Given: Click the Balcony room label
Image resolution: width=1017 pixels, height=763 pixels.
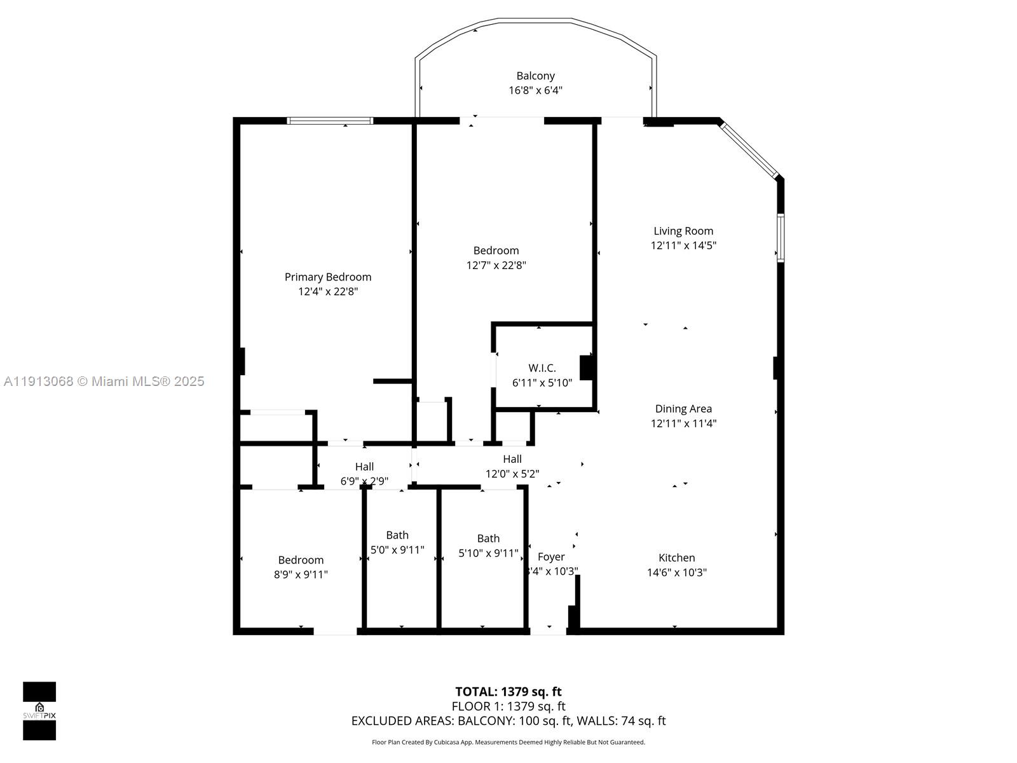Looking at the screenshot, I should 535,76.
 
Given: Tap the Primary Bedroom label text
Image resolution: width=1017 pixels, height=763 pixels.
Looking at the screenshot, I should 327,277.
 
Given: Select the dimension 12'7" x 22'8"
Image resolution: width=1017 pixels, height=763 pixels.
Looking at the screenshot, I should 496,265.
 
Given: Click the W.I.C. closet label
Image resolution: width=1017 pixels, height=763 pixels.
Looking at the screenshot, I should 542,368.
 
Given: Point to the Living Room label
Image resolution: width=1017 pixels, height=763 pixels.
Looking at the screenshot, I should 683,231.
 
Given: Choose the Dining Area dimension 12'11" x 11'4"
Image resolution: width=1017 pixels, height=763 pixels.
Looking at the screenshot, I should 683,423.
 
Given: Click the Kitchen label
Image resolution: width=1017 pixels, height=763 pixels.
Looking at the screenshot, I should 676,558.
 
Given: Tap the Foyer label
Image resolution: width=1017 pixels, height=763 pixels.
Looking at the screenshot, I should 550,557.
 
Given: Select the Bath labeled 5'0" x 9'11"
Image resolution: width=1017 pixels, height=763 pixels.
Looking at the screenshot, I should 397,535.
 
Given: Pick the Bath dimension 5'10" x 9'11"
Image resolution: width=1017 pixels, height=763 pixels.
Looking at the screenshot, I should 488,553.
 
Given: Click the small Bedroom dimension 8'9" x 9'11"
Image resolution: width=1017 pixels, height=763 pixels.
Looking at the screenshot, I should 301,575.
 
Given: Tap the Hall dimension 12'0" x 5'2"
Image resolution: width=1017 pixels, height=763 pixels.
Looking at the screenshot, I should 512,474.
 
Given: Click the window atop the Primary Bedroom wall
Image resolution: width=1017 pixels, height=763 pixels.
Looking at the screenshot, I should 329,121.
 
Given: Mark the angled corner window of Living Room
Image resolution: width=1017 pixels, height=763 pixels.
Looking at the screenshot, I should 749,150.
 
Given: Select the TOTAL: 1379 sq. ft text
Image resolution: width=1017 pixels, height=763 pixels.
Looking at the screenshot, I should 508,692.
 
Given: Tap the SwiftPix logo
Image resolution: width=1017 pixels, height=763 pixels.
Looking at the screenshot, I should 39,711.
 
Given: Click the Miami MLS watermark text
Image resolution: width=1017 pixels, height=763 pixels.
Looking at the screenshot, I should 104,381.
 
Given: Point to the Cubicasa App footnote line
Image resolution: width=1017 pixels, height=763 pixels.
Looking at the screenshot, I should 508,742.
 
